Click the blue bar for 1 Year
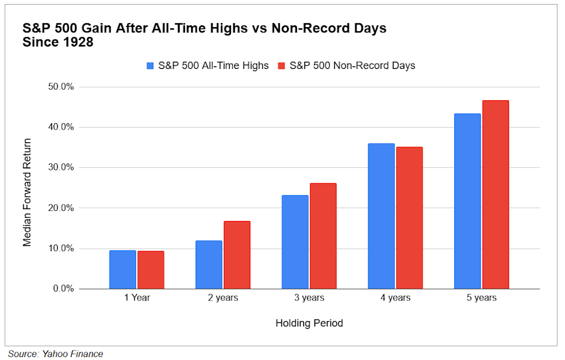coord(123,270)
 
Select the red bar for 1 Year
coord(151,270)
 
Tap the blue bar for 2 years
coord(209,265)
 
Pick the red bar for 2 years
coord(237,255)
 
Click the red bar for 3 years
coord(323,236)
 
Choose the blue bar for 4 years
coord(381,216)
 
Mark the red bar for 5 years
coord(495,194)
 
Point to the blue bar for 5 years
coord(467,201)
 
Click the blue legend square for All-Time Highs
coord(151,65)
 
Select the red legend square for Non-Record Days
coord(281,65)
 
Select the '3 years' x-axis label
coord(309,298)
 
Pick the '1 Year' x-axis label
coord(137,298)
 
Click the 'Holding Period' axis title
coord(309,323)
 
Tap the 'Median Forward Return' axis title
coord(27,192)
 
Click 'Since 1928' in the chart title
coord(57,42)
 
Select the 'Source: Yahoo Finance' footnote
coord(55,354)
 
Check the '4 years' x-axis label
coord(395,298)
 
